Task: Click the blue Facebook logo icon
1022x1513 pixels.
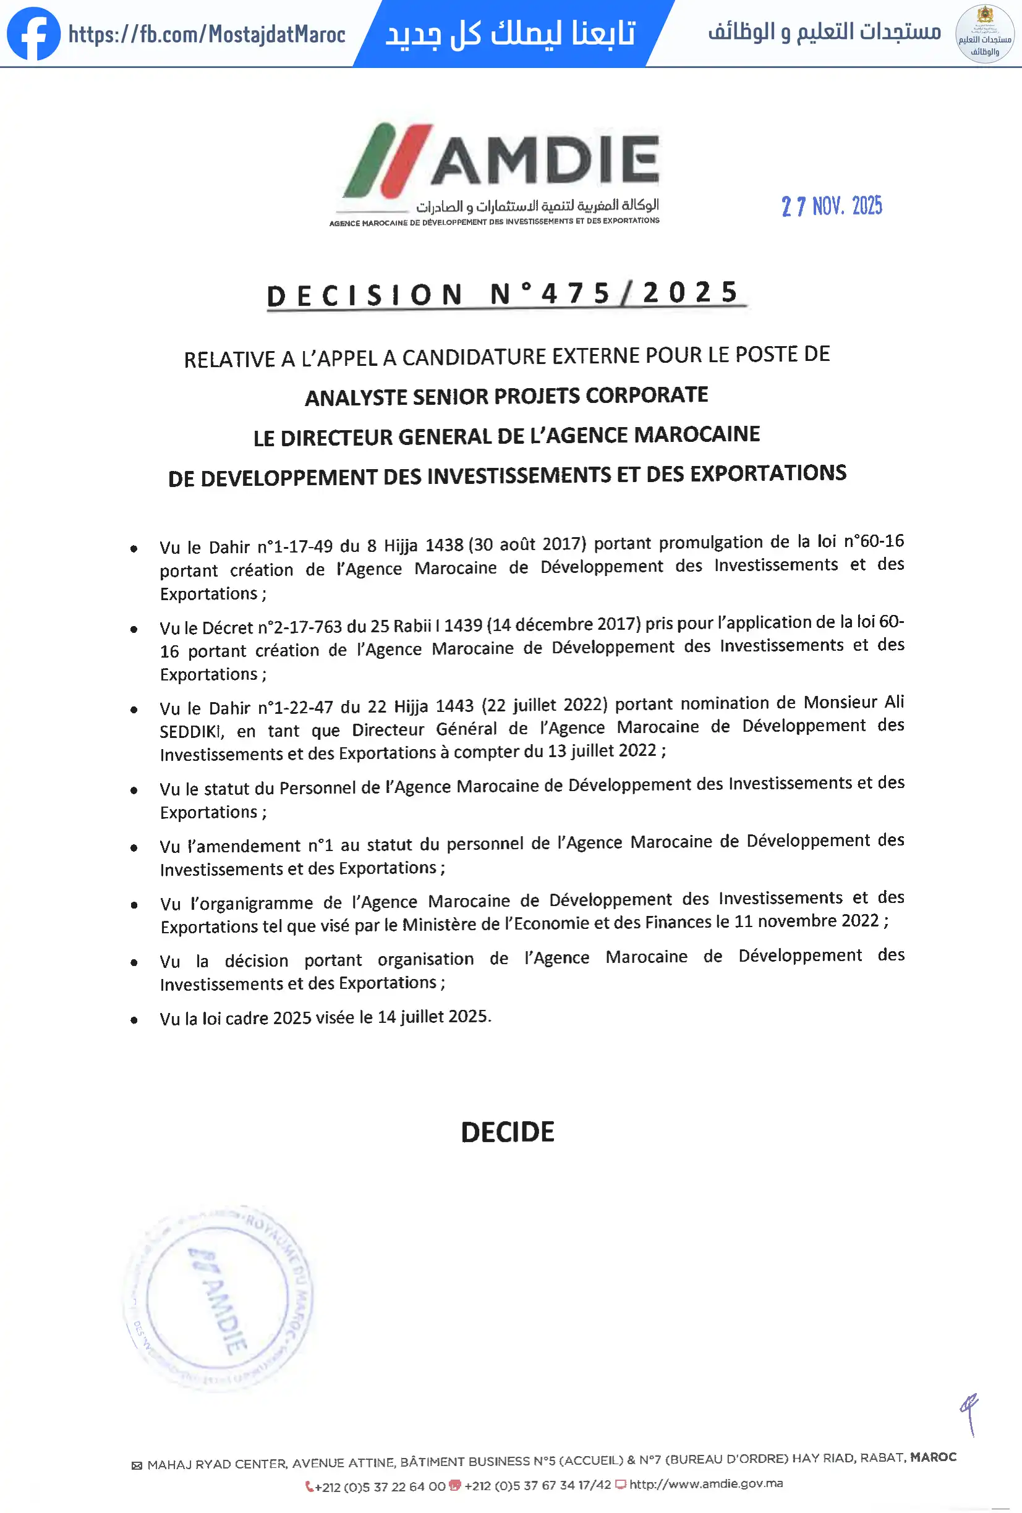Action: (x=33, y=33)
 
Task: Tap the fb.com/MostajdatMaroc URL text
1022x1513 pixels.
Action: (x=207, y=34)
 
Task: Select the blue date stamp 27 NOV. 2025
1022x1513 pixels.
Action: (x=832, y=206)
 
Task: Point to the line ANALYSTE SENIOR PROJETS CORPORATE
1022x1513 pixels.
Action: (x=506, y=396)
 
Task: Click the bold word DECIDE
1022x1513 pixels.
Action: (x=508, y=1132)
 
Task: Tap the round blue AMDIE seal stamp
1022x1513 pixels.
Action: (x=218, y=1297)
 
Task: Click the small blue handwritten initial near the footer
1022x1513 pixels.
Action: (x=970, y=1413)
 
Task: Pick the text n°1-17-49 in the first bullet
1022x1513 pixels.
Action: (x=294, y=546)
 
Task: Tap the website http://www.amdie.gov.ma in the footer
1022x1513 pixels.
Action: (x=705, y=1484)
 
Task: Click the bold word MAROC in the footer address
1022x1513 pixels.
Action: (x=933, y=1457)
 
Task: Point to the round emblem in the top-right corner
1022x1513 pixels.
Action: (x=984, y=34)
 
